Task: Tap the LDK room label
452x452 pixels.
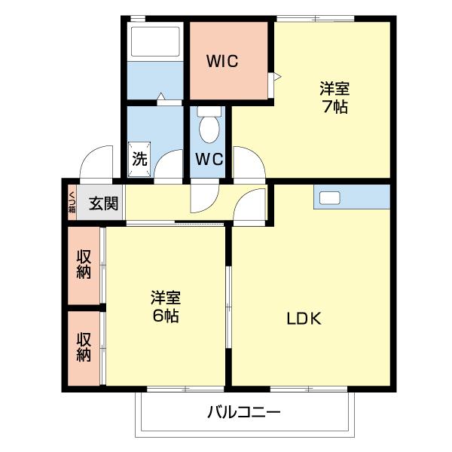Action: click(304, 318)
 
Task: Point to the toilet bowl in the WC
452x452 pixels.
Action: click(209, 128)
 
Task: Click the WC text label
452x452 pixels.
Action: click(209, 160)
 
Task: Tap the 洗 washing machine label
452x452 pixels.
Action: click(139, 159)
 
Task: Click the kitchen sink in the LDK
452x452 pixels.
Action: click(330, 198)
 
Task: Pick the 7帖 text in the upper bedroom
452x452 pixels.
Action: click(334, 107)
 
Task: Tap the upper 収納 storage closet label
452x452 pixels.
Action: click(83, 264)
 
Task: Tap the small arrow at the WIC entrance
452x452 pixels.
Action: click(276, 76)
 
